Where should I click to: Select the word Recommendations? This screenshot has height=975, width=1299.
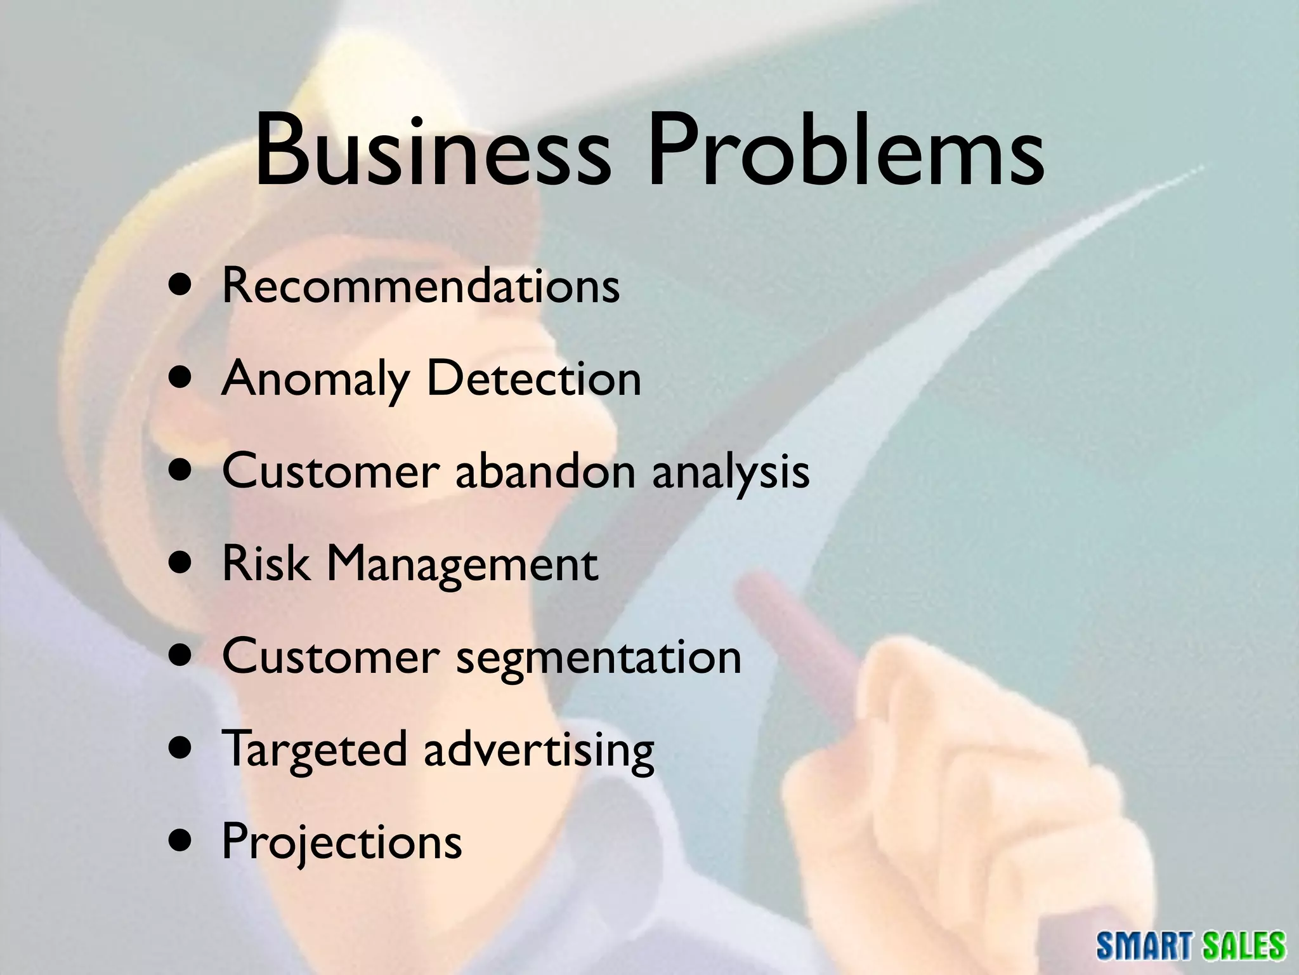[x=421, y=286]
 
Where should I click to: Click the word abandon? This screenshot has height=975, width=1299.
[x=545, y=471]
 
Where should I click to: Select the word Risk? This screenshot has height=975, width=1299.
[x=266, y=564]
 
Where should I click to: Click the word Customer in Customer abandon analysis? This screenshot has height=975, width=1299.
[x=330, y=471]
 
